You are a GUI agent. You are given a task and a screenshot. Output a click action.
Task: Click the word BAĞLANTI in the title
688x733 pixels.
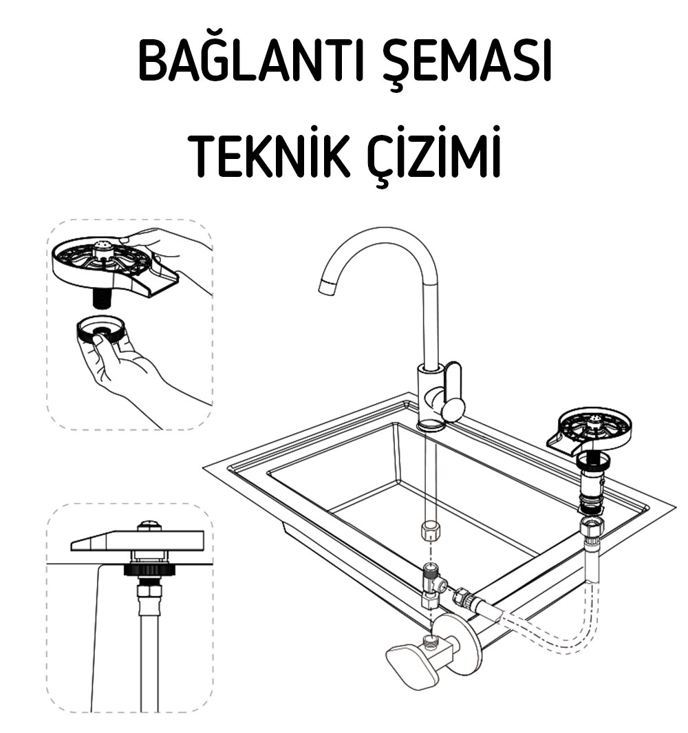(250, 61)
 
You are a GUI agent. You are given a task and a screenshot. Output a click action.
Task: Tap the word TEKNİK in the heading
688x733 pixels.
(270, 155)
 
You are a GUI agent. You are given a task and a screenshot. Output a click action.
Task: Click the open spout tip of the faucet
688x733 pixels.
(327, 286)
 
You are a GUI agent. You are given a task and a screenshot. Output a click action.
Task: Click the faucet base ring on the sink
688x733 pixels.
(431, 425)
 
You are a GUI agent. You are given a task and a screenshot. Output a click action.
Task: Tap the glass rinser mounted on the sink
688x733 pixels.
(589, 431)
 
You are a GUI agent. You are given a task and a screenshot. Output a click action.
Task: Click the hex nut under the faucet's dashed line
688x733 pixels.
(429, 530)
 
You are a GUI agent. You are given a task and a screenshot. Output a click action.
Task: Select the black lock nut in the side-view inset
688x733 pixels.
(149, 569)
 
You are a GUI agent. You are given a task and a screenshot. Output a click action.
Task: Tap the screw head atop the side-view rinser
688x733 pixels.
(149, 526)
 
